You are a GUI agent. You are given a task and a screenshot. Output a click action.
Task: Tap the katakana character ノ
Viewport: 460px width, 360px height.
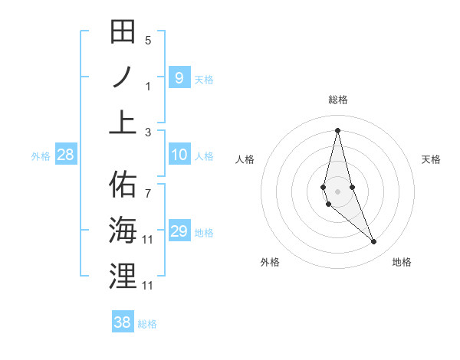pyautogui.click(x=123, y=77)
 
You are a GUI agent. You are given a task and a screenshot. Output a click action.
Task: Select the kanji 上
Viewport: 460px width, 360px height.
pyautogui.click(x=123, y=120)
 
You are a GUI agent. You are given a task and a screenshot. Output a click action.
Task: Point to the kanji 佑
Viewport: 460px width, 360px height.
pyautogui.click(x=123, y=185)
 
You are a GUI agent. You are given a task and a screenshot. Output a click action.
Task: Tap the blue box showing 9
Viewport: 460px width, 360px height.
pyautogui.click(x=179, y=77)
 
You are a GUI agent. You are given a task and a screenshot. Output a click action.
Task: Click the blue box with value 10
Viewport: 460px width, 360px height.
pyautogui.click(x=179, y=155)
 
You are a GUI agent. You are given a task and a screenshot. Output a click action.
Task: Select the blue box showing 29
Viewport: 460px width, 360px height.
pyautogui.click(x=179, y=231)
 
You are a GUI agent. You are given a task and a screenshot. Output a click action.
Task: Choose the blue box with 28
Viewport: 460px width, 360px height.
pyautogui.click(x=65, y=155)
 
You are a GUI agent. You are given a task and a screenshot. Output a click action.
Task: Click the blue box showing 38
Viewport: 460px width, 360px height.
pyautogui.click(x=122, y=323)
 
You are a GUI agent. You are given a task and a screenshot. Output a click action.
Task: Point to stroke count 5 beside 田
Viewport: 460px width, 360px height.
pyautogui.click(x=148, y=41)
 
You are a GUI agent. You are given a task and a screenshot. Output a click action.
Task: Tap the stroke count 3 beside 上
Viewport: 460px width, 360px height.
pyautogui.click(x=148, y=133)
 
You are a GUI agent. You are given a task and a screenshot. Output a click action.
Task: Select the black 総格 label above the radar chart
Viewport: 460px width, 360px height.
pyautogui.click(x=338, y=100)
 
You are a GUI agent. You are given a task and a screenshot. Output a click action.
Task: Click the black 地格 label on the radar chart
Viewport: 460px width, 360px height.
pyautogui.click(x=402, y=262)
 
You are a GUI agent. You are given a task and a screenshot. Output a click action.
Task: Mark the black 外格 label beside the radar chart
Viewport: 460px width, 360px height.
pyautogui.click(x=270, y=262)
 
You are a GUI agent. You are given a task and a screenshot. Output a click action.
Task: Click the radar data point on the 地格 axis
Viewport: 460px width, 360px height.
pyautogui.click(x=374, y=242)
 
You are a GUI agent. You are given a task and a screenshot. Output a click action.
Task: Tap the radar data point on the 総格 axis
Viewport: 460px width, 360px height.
pyautogui.click(x=337, y=129)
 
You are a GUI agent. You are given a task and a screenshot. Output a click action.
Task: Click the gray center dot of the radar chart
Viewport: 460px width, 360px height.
pyautogui.click(x=337, y=191)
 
